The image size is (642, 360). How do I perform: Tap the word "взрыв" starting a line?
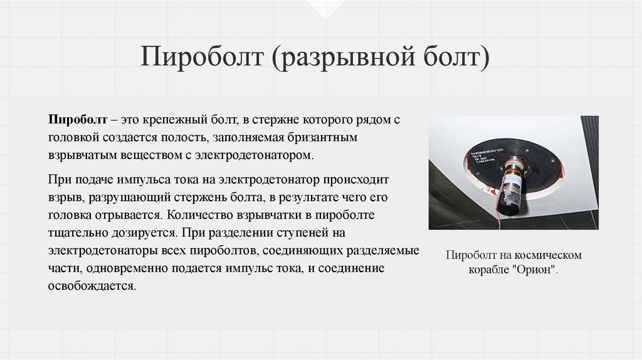point(65,198)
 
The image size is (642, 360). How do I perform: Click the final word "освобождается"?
point(92,285)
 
